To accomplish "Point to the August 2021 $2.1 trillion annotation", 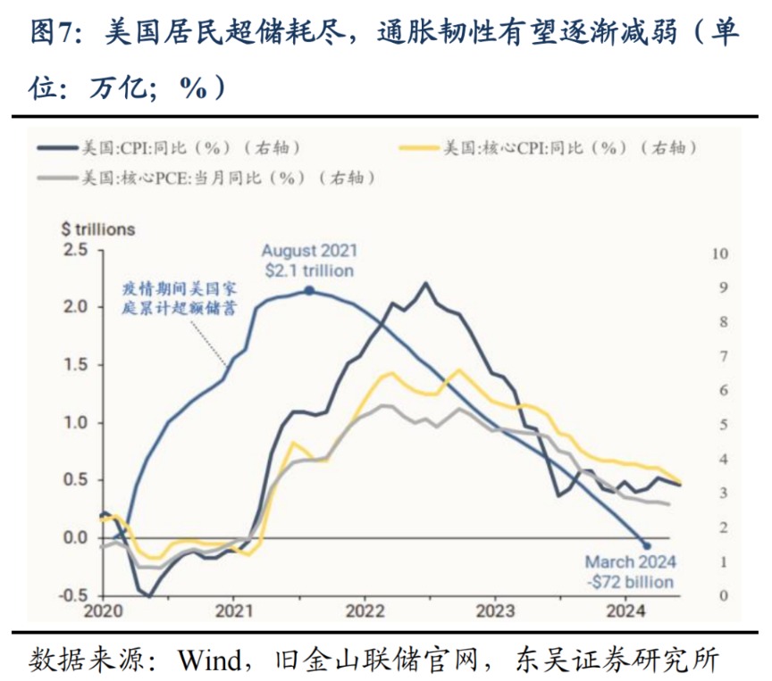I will [308, 261].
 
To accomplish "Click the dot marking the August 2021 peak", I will [308, 291].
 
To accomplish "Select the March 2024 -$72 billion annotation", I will [630, 572].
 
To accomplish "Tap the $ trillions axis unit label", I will [97, 229].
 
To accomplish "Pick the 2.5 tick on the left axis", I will [77, 250].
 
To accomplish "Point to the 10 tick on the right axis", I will [719, 253].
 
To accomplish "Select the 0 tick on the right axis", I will [724, 595].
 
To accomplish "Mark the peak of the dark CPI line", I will [425, 284].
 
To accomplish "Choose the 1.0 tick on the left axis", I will [77, 422].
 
